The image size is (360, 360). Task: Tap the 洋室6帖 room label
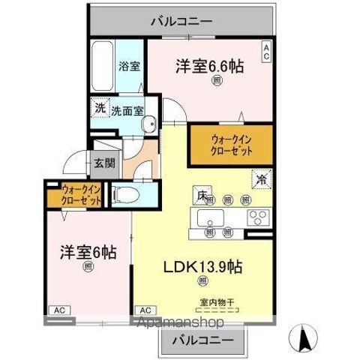[88, 252]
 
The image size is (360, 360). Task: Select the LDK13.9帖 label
[202, 266]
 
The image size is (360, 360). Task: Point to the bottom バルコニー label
[202, 341]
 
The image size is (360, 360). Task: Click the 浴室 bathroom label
[129, 66]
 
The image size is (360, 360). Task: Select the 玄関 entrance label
[104, 163]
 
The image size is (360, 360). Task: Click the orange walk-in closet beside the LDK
[220, 145]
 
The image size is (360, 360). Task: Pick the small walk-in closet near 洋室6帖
[72, 195]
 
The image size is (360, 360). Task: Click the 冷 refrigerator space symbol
[262, 180]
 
